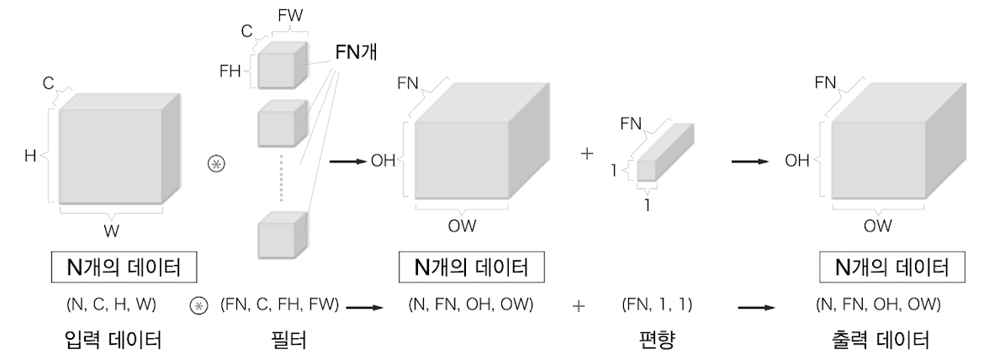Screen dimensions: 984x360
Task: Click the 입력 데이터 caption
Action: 113,340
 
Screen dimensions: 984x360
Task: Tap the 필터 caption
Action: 288,340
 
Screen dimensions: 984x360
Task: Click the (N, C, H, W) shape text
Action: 111,304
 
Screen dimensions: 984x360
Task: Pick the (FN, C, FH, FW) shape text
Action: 279,304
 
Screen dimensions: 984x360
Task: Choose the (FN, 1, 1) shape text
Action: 657,304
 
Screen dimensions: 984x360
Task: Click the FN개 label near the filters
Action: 356,53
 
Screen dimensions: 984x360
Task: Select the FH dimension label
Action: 230,71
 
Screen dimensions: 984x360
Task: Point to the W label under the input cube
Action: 111,231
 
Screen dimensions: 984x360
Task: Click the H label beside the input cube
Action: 30,156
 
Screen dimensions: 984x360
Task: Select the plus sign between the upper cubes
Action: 587,154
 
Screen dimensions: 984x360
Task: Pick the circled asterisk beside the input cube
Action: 216,164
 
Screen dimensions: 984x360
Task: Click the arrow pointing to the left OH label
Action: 347,161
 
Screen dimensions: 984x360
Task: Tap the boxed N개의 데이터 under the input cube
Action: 124,267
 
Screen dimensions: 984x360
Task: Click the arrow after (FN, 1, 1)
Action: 757,307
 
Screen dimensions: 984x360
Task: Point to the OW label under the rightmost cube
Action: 877,225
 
